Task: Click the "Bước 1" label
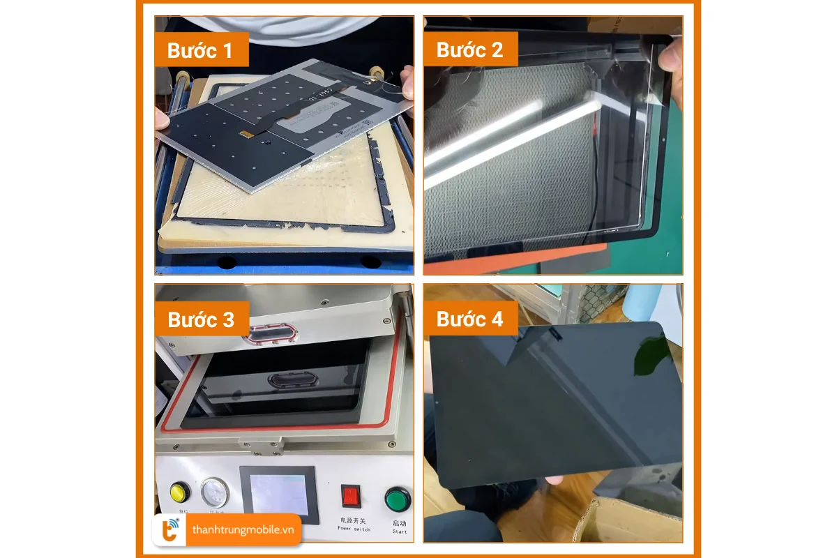click(x=199, y=50)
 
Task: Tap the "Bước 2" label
click(x=469, y=50)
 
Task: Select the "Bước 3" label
click(x=201, y=319)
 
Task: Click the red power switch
click(x=350, y=496)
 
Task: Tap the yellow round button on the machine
click(x=179, y=491)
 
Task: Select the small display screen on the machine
click(x=278, y=493)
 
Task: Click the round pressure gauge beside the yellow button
click(x=215, y=491)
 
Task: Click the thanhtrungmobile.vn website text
click(x=243, y=530)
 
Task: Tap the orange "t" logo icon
click(x=170, y=530)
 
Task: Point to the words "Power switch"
click(x=354, y=528)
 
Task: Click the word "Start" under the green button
click(x=399, y=531)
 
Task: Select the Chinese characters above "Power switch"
click(x=354, y=520)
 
